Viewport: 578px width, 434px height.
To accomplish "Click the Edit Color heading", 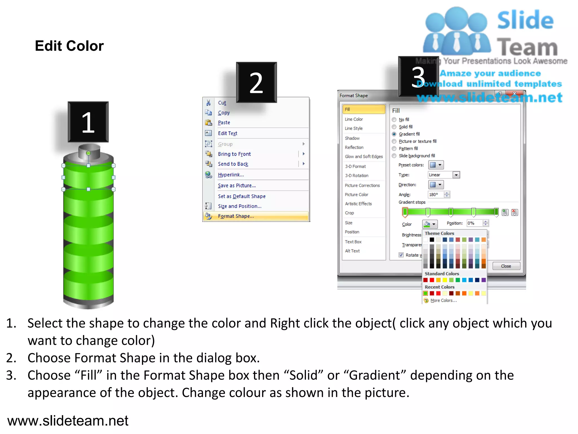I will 69,46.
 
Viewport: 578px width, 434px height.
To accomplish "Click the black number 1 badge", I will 88,122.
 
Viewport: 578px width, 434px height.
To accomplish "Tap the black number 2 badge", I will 256,83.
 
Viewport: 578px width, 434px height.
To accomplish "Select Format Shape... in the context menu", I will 236,216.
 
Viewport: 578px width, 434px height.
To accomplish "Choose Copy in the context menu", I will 224,113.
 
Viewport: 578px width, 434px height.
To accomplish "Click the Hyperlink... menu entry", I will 231,175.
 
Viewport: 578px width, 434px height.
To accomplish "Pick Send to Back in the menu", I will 233,164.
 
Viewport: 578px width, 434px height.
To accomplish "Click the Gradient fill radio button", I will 394,134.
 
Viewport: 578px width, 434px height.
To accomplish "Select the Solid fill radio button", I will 394,127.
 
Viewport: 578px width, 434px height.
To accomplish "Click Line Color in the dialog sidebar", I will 354,120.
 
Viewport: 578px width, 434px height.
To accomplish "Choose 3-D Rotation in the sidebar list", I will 357,176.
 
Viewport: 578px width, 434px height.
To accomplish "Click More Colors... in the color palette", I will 443,301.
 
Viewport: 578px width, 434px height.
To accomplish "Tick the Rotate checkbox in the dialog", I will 401,255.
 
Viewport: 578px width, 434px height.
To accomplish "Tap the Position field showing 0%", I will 474,223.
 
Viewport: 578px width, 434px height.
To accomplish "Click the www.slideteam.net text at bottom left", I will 68,421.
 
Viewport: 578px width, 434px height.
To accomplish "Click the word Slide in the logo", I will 525,20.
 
